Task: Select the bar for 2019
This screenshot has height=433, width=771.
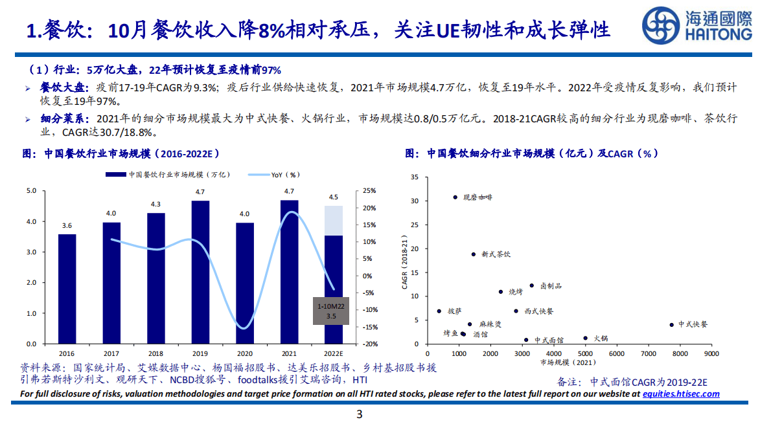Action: click(200, 272)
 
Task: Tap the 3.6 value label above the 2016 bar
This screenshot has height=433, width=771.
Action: click(67, 226)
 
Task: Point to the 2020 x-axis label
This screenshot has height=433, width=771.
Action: click(245, 353)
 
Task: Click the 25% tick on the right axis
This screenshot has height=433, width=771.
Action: click(369, 191)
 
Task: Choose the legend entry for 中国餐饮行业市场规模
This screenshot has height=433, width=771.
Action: click(168, 175)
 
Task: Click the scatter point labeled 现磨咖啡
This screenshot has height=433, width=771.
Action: click(455, 197)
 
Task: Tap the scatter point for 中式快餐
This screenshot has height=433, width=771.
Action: click(671, 325)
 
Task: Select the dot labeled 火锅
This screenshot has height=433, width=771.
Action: click(585, 338)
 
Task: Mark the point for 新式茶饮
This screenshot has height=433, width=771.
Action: click(473, 254)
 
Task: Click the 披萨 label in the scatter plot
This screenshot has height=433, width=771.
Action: click(455, 311)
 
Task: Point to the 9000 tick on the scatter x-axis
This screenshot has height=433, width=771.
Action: click(711, 354)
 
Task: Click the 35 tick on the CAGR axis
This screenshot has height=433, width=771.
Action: click(415, 177)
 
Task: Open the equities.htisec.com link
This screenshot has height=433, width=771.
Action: click(681, 394)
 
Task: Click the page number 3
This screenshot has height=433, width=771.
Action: click(360, 415)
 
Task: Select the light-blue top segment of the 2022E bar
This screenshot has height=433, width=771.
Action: click(334, 220)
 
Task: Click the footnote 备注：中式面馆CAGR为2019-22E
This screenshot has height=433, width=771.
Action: click(632, 381)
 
